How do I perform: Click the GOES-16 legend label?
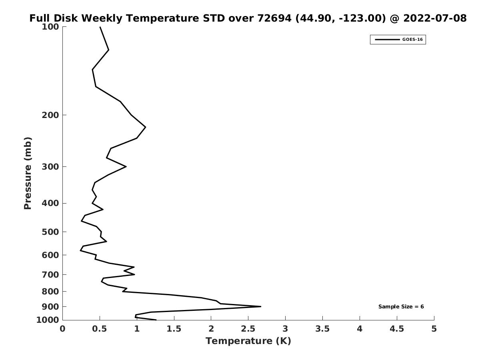pyautogui.click(x=412, y=40)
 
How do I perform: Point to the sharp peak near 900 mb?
pyautogui.click(x=261, y=306)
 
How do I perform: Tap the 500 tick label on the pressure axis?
pyautogui.click(x=50, y=232)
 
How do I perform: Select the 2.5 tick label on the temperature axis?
pyautogui.click(x=248, y=329)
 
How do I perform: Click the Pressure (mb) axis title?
pyautogui.click(x=28, y=173)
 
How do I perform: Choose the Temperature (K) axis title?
pyautogui.click(x=248, y=341)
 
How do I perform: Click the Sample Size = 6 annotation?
pyautogui.click(x=401, y=306)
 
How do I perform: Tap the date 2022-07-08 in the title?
pyautogui.click(x=435, y=18)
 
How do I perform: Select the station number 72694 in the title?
pyautogui.click(x=274, y=18)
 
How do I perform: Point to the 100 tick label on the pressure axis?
pyautogui.click(x=50, y=27)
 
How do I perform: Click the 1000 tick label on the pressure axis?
pyautogui.click(x=48, y=320)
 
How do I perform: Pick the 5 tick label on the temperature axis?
pyautogui.click(x=434, y=329)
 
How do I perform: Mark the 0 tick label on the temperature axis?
pyautogui.click(x=62, y=329)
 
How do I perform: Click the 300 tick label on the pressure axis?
pyautogui.click(x=50, y=167)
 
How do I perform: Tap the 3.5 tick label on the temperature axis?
pyautogui.click(x=322, y=329)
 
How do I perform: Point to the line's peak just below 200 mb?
pyautogui.click(x=145, y=127)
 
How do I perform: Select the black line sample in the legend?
pyautogui.click(x=387, y=40)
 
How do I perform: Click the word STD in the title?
pyautogui.click(x=214, y=18)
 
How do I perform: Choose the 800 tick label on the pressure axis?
pyautogui.click(x=50, y=292)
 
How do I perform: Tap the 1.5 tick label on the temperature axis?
pyautogui.click(x=174, y=329)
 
